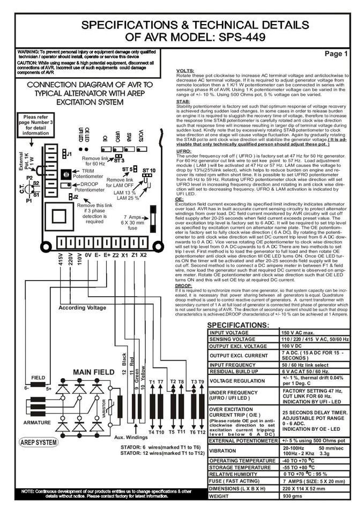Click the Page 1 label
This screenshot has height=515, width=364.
point(336,54)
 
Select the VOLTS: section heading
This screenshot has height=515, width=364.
point(185,71)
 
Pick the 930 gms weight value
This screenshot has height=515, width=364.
point(293,496)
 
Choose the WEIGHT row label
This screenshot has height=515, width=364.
point(219,496)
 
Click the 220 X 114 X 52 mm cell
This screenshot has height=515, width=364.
point(303,489)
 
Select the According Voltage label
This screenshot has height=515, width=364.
point(82,308)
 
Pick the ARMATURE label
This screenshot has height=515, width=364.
point(37,423)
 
